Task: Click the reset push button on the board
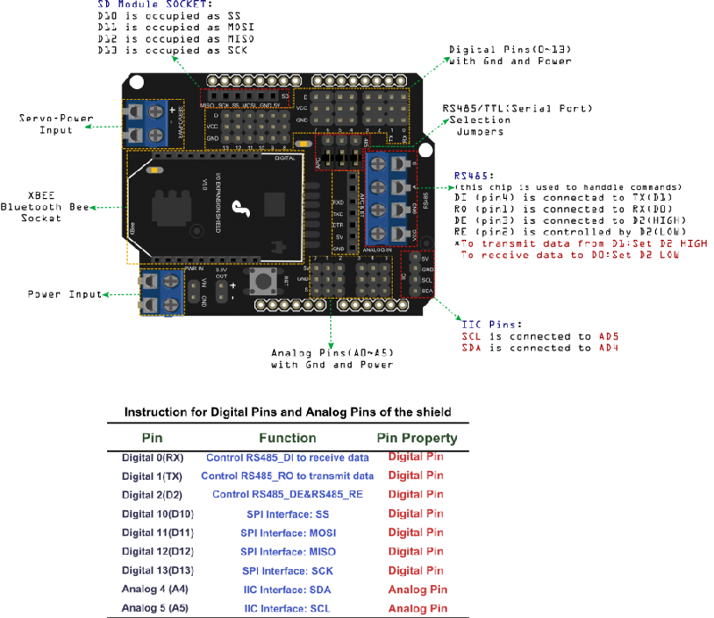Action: pos(263,282)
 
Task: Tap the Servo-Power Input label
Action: pos(45,124)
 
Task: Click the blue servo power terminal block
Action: pos(146,123)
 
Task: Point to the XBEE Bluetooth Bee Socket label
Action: pos(43,206)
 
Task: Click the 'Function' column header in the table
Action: pos(287,439)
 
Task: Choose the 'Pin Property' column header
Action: pos(417,439)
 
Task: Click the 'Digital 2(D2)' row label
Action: pos(152,495)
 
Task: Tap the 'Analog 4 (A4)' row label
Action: pos(154,589)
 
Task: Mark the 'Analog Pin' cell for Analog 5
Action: pos(417,608)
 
